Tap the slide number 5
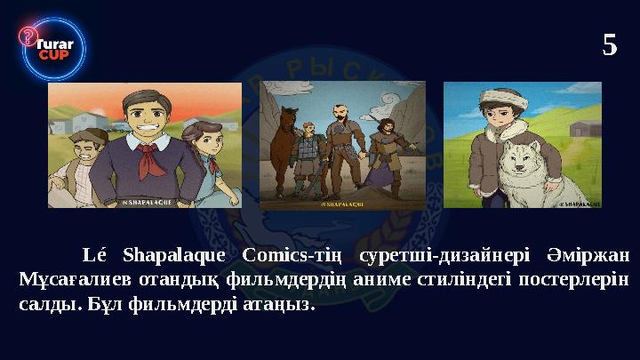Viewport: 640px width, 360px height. coord(609,44)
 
